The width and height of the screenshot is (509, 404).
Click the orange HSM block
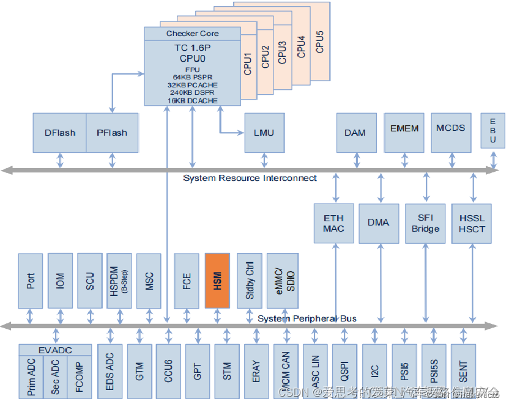pyautogui.click(x=217, y=281)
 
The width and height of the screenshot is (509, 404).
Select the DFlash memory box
pyautogui.click(x=59, y=133)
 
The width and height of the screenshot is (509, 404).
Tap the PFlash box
pyautogui.click(x=112, y=133)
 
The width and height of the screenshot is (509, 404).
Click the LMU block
pyautogui.click(x=264, y=133)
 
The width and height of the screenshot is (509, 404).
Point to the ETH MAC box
pyautogui.click(x=333, y=223)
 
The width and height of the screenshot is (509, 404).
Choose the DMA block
pyautogui.click(x=379, y=223)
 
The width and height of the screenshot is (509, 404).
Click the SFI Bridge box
pyautogui.click(x=425, y=223)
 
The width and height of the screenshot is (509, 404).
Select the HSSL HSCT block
pyautogui.click(x=472, y=223)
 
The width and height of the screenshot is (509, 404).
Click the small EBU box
pyautogui.click(x=493, y=131)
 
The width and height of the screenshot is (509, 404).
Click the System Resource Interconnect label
pyautogui.click(x=250, y=178)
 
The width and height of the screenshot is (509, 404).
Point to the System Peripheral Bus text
pyautogui.click(x=307, y=318)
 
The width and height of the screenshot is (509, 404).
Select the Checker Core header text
pyautogui.click(x=192, y=33)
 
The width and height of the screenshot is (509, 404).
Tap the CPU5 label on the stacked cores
pyautogui.click(x=319, y=40)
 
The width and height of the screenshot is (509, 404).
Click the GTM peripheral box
pyautogui.click(x=139, y=370)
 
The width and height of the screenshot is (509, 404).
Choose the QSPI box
pyautogui.click(x=344, y=370)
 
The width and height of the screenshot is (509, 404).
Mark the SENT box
pyautogui.click(x=463, y=370)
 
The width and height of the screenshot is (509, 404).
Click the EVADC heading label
pyautogui.click(x=55, y=350)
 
